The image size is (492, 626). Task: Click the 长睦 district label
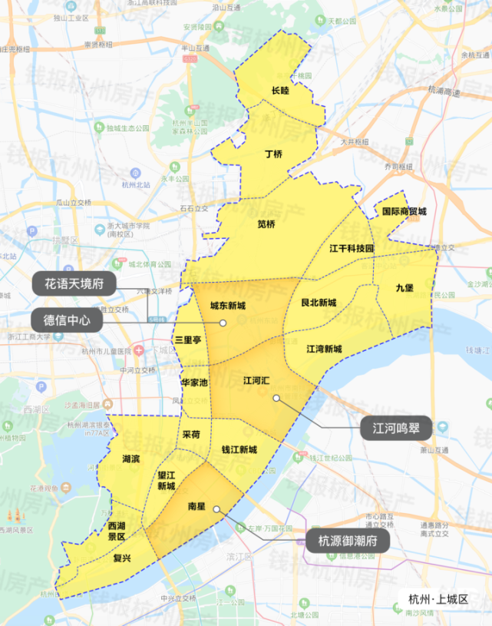click(280, 91)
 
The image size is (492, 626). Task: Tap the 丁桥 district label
click(273, 154)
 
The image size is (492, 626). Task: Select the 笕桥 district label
click(266, 224)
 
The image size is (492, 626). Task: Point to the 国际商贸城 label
click(404, 210)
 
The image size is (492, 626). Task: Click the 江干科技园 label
click(351, 249)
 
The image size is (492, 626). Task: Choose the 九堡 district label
click(404, 287)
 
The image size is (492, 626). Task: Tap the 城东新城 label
click(228, 306)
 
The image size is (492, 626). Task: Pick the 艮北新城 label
click(318, 303)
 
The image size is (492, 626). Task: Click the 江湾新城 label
click(324, 349)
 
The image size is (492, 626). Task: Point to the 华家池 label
click(194, 382)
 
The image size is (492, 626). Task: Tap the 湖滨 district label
click(131, 459)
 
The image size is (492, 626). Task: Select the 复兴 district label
click(121, 558)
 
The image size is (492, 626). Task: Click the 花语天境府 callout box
click(74, 283)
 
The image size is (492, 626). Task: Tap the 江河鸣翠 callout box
click(396, 428)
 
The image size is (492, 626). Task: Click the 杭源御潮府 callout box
click(348, 541)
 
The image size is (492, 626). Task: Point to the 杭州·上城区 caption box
click(438, 599)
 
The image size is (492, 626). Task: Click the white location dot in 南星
click(217, 509)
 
